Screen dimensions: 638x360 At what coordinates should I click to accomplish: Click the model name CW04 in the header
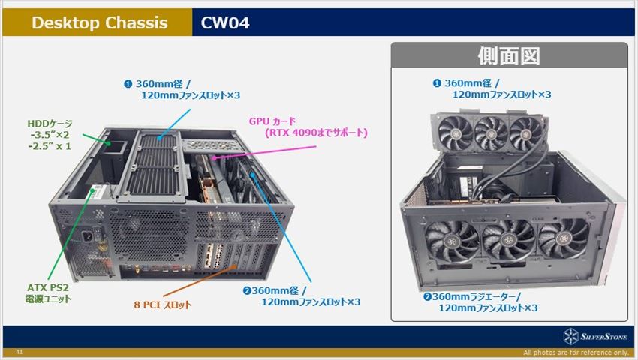(x=225, y=22)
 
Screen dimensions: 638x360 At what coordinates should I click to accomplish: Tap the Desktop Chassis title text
(x=100, y=22)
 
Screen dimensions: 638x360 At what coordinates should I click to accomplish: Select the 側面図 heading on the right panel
(x=509, y=55)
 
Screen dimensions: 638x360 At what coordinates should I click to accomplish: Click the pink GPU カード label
(x=272, y=121)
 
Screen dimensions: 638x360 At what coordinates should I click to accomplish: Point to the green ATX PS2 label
(x=48, y=287)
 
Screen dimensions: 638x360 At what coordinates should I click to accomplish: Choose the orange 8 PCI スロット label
(x=162, y=304)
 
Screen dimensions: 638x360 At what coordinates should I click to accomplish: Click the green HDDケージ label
(x=50, y=124)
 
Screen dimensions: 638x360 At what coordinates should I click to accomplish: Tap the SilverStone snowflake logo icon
(x=571, y=337)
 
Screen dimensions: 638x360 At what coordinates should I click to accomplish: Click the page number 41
(x=19, y=352)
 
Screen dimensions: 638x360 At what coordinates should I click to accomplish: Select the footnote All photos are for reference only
(x=576, y=352)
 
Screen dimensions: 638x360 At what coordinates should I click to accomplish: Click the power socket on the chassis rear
(x=88, y=236)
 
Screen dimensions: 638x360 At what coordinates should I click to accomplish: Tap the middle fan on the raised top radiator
(x=491, y=133)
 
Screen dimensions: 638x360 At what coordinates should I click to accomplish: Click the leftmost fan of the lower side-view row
(x=452, y=241)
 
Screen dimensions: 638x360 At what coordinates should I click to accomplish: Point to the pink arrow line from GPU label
(x=263, y=152)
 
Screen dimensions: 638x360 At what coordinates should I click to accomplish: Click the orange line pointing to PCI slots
(x=200, y=280)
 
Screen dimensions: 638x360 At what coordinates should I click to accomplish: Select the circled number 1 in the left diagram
(x=128, y=84)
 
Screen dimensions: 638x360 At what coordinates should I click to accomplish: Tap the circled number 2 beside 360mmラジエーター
(x=427, y=296)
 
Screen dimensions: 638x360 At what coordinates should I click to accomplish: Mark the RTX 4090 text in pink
(x=291, y=133)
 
